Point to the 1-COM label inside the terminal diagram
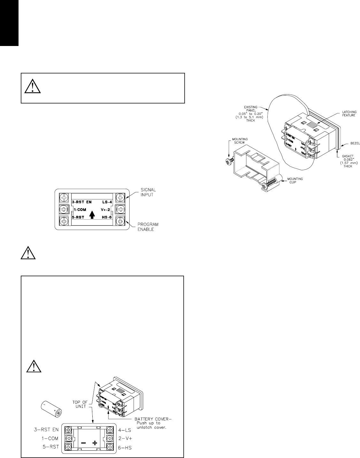[x=80, y=210]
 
